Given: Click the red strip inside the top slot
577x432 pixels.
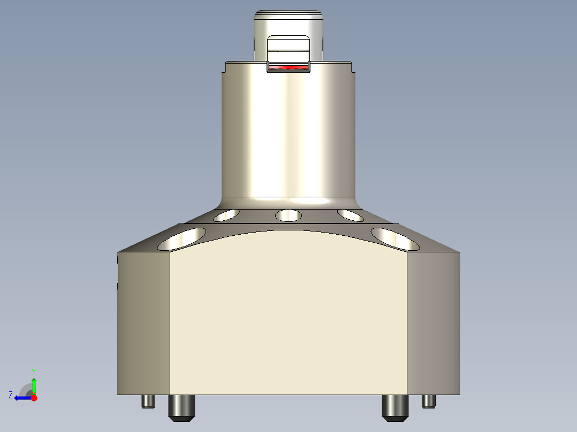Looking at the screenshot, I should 288,68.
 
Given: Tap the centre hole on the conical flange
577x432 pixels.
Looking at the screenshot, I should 288,215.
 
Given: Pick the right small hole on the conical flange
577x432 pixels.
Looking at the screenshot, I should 351,215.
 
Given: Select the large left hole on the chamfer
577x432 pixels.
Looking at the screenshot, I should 182,239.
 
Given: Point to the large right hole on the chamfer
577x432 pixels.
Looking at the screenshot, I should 395,238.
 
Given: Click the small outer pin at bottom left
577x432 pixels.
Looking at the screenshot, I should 148,401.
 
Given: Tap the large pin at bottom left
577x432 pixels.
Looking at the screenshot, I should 182,407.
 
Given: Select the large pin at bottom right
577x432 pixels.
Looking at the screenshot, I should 395,407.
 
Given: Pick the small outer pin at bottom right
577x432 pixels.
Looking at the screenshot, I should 429,401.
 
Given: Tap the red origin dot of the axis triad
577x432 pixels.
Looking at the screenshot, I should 34,398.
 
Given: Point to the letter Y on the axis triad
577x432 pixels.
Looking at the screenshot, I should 33,371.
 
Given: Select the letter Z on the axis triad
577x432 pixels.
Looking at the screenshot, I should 11,395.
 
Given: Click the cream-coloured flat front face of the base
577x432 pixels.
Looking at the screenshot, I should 288,315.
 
